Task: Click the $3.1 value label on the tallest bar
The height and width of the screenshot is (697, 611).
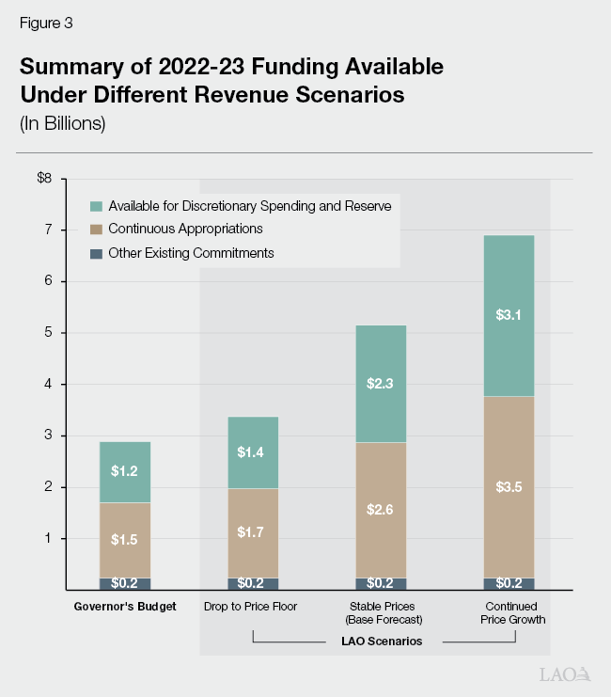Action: [x=508, y=315]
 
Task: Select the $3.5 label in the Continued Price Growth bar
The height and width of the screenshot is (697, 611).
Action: [x=508, y=487]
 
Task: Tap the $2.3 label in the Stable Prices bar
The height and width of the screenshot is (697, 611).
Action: [x=380, y=383]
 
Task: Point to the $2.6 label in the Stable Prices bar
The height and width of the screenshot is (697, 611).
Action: [x=380, y=509]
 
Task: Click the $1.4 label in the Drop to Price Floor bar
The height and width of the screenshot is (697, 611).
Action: [x=252, y=452]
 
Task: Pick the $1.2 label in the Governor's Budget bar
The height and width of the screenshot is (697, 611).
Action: [x=125, y=470]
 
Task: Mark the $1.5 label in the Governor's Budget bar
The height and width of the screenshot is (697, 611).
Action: [x=125, y=539]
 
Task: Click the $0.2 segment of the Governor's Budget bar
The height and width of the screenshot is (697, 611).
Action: [x=125, y=583]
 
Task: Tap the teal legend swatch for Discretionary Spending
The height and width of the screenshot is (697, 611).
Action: [x=95, y=205]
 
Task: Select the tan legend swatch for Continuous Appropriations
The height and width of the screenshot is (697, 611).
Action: [x=95, y=229]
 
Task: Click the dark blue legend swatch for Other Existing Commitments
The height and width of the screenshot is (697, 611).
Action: [x=95, y=253]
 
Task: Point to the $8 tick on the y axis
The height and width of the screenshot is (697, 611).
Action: [x=44, y=179]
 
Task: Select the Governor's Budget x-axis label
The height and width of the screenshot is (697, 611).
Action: [x=125, y=607]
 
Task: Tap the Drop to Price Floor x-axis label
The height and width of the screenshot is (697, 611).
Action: [x=251, y=607]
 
